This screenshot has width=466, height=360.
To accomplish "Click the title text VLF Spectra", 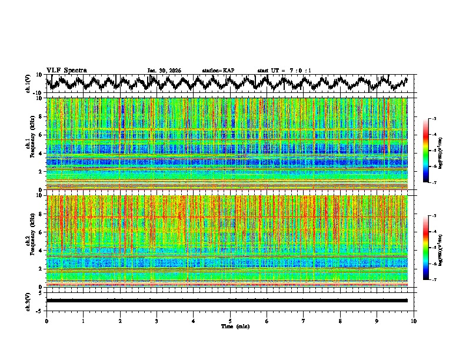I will click(66, 70).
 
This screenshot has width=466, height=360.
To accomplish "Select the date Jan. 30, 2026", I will click(164, 71).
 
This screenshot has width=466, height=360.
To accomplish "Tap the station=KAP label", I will click(218, 71).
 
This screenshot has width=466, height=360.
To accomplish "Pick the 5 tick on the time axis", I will click(230, 321).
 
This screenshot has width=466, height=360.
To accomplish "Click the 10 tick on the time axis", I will click(414, 321).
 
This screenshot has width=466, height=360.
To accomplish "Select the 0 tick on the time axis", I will click(46, 321).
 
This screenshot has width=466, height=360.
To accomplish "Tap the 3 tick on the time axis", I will click(157, 321).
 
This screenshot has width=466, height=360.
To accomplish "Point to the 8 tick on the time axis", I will click(340, 321).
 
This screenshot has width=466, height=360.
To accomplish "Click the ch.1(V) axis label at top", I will click(28, 84).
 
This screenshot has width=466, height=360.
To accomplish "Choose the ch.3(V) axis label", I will click(28, 301).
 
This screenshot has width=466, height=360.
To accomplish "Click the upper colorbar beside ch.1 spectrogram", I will click(431, 151).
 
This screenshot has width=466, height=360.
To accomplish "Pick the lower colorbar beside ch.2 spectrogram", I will click(431, 248).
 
